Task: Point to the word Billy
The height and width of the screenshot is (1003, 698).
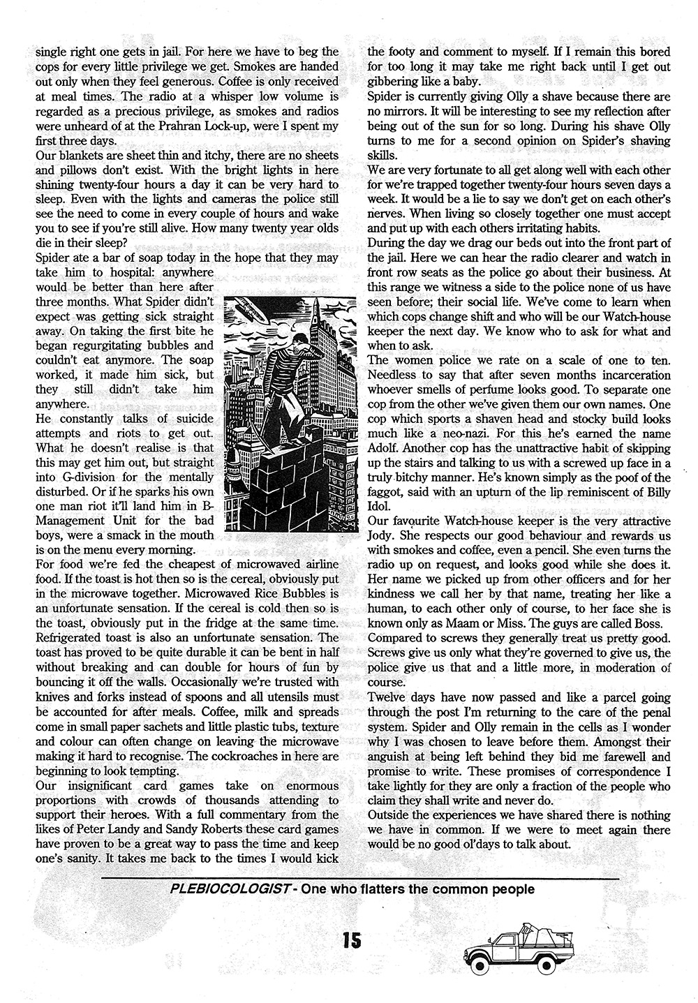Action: click(x=654, y=493)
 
